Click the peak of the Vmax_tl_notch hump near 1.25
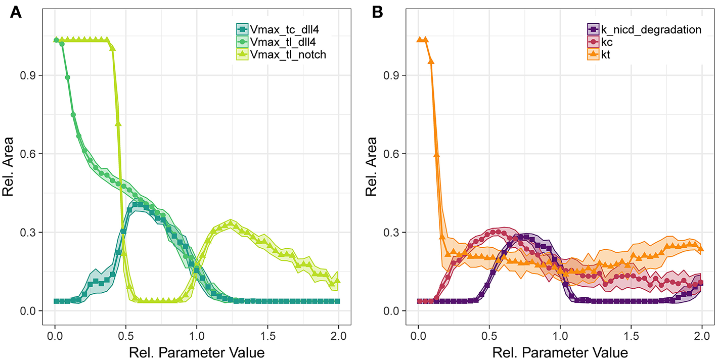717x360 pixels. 231,222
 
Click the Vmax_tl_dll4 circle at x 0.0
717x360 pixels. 56,40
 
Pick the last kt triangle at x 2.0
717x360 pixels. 701,248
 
